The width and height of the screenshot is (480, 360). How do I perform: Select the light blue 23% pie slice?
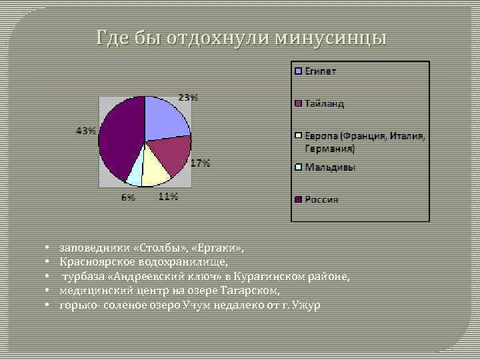163,120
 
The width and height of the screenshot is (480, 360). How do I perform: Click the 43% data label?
85,131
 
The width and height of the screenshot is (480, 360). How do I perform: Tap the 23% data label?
188,97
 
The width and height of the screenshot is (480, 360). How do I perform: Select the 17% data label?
201,163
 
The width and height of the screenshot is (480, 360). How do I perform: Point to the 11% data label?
168,196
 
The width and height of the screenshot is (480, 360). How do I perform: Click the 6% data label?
128,197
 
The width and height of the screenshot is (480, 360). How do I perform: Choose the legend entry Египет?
321,71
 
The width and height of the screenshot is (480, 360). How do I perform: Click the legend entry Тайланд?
325,103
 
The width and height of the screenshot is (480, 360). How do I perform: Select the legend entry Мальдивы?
330,167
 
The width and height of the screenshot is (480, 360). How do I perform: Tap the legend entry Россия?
322,199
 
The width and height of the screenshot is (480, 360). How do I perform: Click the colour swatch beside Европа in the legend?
300,136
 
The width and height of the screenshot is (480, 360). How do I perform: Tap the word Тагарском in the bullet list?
250,291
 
